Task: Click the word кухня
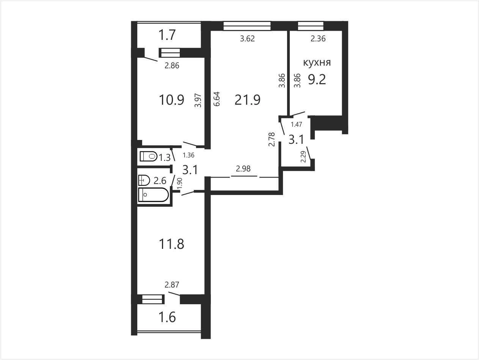tap(317, 63)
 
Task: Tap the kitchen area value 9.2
tap(317, 79)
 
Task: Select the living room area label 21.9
tap(248, 100)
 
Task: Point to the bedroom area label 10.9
tap(171, 100)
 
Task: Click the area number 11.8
tap(171, 244)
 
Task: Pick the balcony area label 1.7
tap(167, 35)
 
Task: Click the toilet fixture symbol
tap(148, 156)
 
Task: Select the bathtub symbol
tap(154, 195)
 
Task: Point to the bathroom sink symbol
tap(144, 180)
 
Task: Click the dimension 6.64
tap(217, 99)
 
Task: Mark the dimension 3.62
tap(247, 39)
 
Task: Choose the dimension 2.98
tap(243, 169)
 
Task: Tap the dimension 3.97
tap(198, 100)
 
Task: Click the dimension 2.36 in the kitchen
tap(318, 39)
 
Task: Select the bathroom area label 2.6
tap(160, 181)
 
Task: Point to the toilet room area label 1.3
tap(164, 157)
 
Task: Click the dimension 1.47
tap(296, 124)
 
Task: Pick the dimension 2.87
tap(172, 285)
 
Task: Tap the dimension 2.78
tap(272, 139)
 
